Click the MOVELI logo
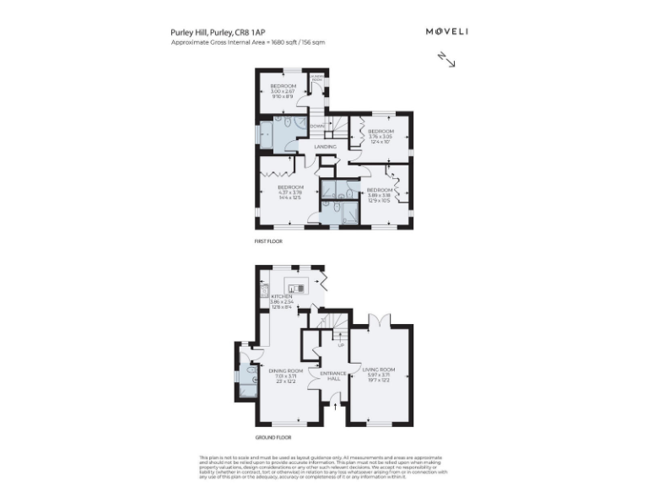coord(447,31)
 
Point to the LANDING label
coord(326,147)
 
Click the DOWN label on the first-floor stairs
coord(317,127)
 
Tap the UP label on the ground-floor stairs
coord(340,344)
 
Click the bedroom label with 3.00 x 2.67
coord(283,90)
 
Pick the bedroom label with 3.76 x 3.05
coord(381,135)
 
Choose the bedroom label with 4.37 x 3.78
coord(290,192)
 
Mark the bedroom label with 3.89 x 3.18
coord(378,195)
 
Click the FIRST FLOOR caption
coord(269,241)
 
